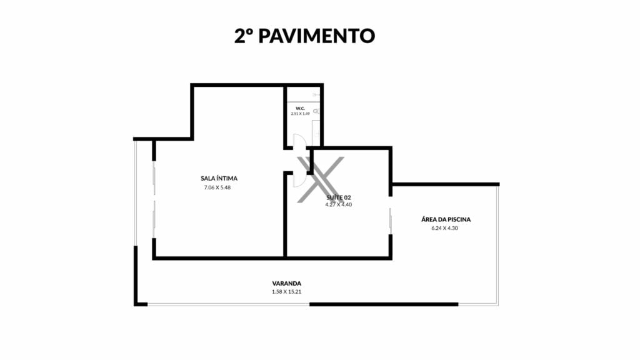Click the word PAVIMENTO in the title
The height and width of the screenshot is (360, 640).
[317, 36]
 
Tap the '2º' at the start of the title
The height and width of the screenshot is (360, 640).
[243, 36]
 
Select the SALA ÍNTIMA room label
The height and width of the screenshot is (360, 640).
[219, 178]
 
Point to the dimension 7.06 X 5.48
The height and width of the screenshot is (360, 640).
[217, 187]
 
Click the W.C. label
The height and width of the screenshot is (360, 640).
[301, 109]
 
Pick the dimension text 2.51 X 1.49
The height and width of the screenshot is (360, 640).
[301, 114]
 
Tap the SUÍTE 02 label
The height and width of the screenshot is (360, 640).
[338, 197]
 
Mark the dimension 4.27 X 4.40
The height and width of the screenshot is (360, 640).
[338, 204]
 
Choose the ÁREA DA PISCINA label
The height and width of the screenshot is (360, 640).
[446, 219]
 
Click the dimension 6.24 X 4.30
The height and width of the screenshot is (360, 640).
[444, 228]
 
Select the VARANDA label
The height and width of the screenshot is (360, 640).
[286, 284]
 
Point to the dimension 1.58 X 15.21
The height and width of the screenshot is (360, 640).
[286, 292]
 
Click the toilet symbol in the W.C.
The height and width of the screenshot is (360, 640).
[316, 111]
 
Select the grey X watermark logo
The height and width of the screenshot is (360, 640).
[321, 179]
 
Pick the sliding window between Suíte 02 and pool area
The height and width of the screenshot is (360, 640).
[391, 221]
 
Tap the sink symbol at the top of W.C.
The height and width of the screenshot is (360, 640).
[316, 95]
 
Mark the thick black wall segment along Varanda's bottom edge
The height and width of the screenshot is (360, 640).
[384, 304]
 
